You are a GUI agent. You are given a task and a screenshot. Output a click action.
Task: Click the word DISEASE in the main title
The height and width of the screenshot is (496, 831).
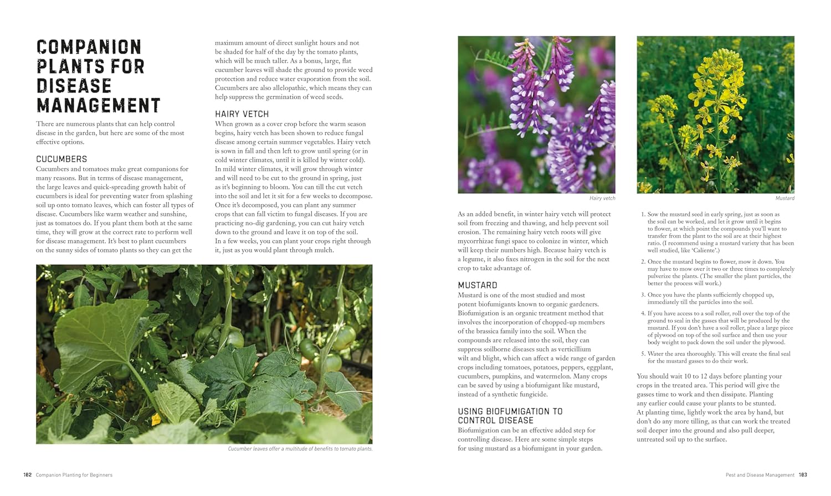coord(74,86)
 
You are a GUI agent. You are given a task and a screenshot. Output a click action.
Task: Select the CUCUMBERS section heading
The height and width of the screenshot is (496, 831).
coord(61,159)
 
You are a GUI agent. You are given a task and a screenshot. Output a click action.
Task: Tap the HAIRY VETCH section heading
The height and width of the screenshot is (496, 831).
coord(242,114)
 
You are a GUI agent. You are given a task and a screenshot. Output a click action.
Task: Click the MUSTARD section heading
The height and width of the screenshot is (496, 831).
coord(477,286)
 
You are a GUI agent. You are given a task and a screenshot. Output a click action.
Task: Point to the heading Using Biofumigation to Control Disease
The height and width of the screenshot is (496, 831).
coord(510,416)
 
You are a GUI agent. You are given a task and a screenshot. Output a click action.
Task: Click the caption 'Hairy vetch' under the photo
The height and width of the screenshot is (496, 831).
coord(602,198)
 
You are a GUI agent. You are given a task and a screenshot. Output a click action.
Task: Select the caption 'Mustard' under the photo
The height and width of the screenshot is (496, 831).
coord(784,198)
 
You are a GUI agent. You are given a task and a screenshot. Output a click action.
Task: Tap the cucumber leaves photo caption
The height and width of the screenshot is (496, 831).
coord(300,449)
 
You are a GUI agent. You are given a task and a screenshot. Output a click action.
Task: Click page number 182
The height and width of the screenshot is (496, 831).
coord(27,475)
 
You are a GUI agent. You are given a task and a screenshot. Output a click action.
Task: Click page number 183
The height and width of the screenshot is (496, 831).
coord(803,475)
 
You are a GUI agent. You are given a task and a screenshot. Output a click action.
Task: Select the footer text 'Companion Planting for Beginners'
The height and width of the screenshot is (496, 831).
coord(74,475)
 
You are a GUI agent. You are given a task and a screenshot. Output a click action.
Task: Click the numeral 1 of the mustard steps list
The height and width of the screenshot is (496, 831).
coord(643,214)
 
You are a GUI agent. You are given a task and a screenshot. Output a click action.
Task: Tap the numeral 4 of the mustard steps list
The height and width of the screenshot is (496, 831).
coord(643,313)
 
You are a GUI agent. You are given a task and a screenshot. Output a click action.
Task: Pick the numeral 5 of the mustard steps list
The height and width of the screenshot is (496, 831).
coord(643,354)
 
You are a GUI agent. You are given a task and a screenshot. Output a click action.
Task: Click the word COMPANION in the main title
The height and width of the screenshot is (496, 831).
coord(89,47)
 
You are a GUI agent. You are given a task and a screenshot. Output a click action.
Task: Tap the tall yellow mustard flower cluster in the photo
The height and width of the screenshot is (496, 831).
coord(721,83)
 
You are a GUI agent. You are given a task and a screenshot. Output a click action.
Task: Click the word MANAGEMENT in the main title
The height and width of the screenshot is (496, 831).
coord(98,105)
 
